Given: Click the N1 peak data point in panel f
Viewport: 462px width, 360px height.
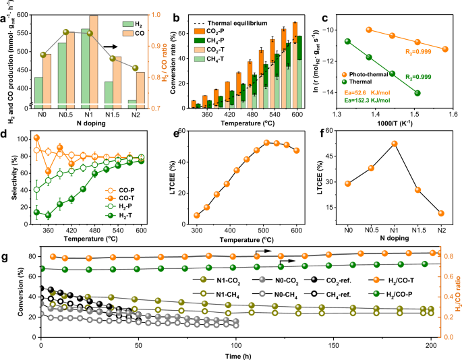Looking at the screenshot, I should coord(394,144).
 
